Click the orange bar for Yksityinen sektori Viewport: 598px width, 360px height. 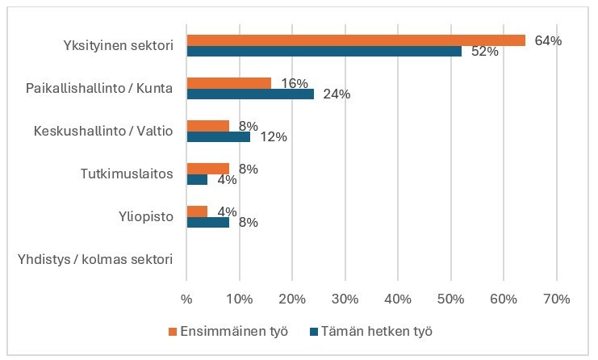355,40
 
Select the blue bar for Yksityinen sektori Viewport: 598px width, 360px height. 324,51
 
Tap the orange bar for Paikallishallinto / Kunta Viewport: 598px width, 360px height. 228,83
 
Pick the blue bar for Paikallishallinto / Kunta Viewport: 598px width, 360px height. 249,94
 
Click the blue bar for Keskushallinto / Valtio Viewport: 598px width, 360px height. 218,136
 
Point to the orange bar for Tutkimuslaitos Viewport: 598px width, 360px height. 207,169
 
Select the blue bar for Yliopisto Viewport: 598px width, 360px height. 207,222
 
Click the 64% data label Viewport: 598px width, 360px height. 548,40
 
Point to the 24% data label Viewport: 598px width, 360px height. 337,94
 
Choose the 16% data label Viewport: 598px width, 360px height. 294,82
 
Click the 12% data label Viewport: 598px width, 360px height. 274,137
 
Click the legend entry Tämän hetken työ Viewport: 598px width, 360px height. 369,331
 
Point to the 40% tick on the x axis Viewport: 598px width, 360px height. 399,299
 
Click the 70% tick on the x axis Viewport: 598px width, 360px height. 557,299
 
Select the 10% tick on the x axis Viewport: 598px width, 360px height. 240,299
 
